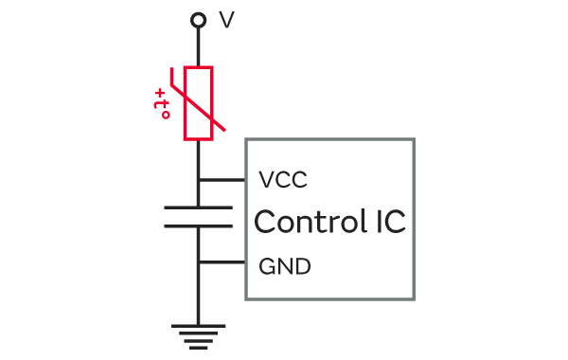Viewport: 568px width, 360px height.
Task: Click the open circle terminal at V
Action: tap(198, 14)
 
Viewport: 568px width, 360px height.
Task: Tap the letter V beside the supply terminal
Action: tap(227, 20)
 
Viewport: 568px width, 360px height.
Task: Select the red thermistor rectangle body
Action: tap(185, 103)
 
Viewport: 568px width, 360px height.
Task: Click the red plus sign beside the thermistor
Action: tap(159, 94)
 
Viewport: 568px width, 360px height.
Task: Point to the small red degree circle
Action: tap(166, 116)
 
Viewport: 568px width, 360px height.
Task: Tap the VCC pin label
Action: tap(283, 179)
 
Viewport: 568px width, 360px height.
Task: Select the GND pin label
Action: tap(285, 267)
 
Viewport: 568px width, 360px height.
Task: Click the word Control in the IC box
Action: tap(311, 221)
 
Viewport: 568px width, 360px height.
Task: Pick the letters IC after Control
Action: tap(391, 221)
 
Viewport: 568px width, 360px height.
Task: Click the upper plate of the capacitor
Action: tap(198, 207)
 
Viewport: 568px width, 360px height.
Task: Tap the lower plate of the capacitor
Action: tap(198, 226)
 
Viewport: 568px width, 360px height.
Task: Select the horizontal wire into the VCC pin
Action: tap(222, 179)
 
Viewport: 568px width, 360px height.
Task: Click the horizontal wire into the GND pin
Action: tap(222, 262)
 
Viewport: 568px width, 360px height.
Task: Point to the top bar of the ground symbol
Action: tap(198, 326)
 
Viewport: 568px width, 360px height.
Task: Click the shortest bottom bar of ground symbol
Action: tap(198, 348)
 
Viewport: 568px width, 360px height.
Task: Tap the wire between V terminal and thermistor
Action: tap(198, 46)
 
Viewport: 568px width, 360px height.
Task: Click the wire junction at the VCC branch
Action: tap(198, 179)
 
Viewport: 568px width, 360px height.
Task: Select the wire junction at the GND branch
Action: tap(198, 262)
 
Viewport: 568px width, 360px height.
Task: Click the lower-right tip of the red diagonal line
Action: tap(224, 130)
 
